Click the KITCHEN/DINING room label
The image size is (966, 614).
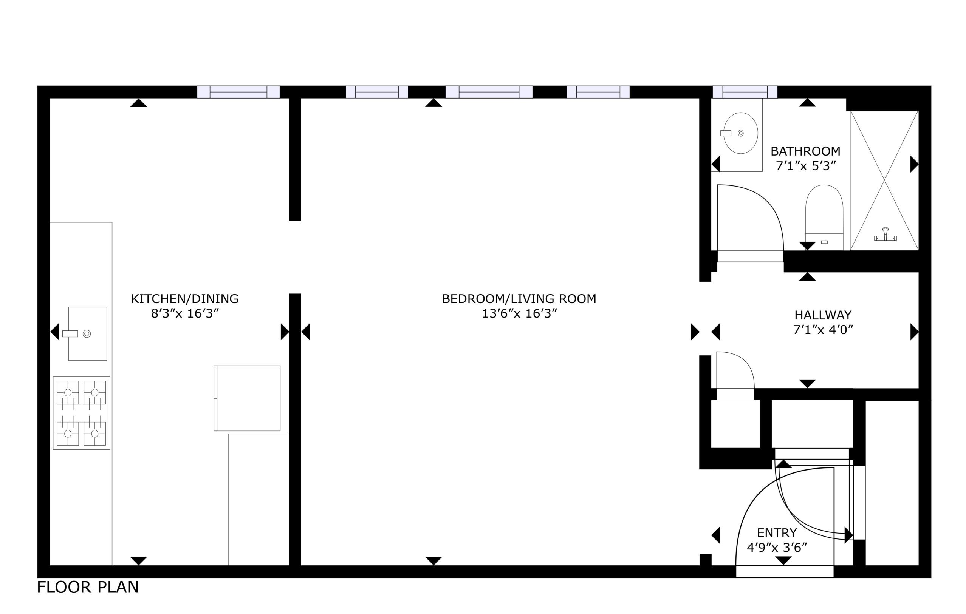click(x=184, y=299)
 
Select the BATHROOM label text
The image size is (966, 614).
click(x=805, y=151)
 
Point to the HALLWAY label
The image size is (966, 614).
click(x=823, y=315)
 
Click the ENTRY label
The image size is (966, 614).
click(x=777, y=533)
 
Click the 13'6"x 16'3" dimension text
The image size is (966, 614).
click(x=519, y=313)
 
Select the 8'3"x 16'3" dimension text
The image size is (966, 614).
click(x=184, y=313)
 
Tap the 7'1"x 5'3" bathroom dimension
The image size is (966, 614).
click(x=805, y=166)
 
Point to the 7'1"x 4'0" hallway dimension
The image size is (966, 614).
click(x=823, y=329)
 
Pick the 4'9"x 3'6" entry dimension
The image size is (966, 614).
click(x=777, y=548)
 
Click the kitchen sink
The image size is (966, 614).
click(x=87, y=333)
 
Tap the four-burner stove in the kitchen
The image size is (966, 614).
click(x=81, y=413)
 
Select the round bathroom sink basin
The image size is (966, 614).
click(x=740, y=133)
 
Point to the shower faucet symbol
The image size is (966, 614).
click(x=885, y=234)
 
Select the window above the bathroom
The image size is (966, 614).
click(x=745, y=92)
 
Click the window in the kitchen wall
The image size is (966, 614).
click(x=238, y=92)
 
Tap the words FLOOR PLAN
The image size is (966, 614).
click(x=88, y=587)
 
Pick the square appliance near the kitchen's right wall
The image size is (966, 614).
click(x=247, y=398)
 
